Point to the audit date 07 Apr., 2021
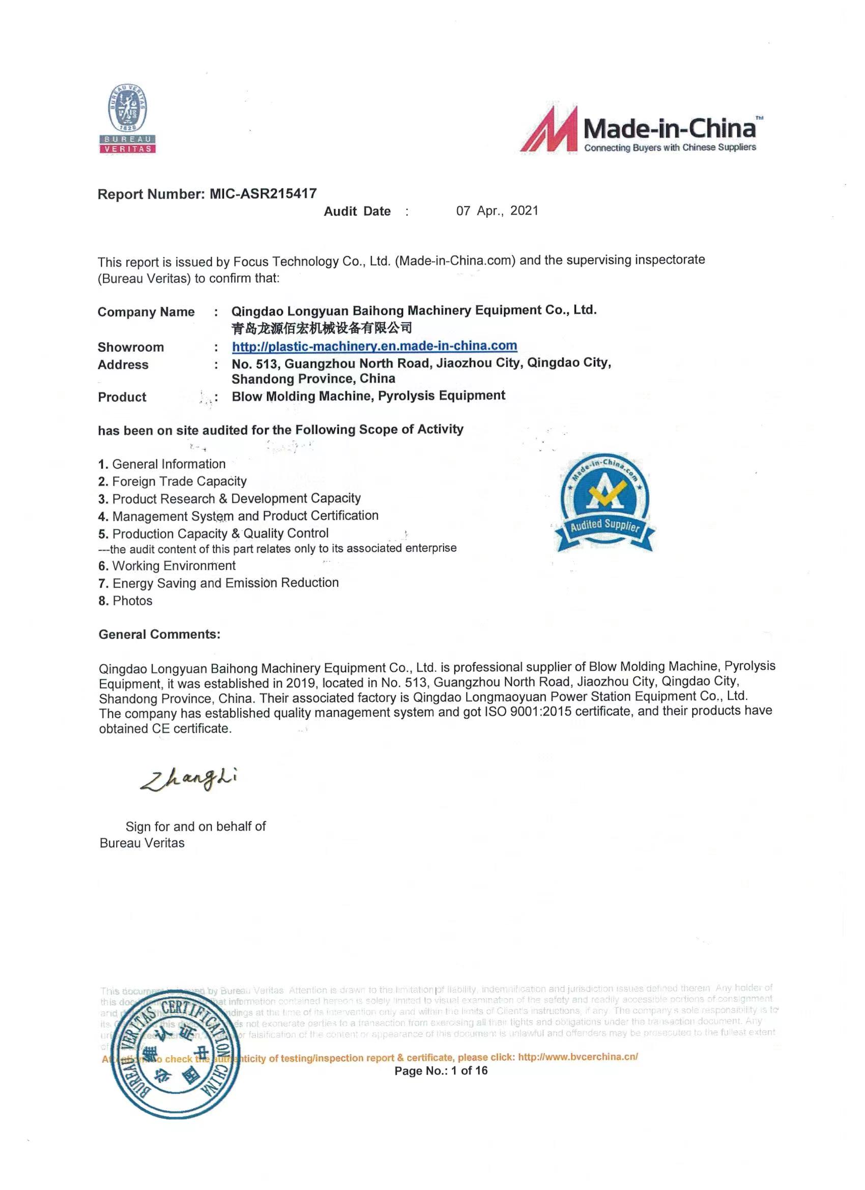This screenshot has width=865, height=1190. [497, 211]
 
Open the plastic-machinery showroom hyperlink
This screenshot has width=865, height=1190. [374, 346]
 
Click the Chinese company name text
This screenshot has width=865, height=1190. [322, 328]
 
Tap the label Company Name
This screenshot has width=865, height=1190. [146, 312]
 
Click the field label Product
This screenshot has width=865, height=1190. [122, 396]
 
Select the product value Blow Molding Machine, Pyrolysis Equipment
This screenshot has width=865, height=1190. [368, 395]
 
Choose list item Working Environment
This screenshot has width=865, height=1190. [174, 565]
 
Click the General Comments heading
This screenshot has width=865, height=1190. [159, 634]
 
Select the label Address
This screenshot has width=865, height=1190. [123, 364]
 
